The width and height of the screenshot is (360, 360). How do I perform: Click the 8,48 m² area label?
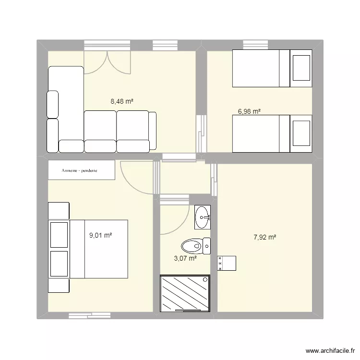pyautogui.click(x=121, y=101)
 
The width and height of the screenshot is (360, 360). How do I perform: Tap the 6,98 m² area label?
pyautogui.click(x=249, y=111)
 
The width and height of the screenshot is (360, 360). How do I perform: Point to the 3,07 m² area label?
pyautogui.click(x=185, y=258)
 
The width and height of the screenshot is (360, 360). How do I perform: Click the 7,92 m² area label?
pyautogui.click(x=264, y=237)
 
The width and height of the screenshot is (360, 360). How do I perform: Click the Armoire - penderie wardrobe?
pyautogui.click(x=82, y=170)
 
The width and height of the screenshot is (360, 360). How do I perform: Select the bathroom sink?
pyautogui.click(x=203, y=217)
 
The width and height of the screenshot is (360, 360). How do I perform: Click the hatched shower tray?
pyautogui.click(x=185, y=294)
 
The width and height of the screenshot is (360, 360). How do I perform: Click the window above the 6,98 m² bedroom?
pyautogui.click(x=255, y=45)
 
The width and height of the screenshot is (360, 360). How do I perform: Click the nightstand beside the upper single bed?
pyautogui.click(x=301, y=68)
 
